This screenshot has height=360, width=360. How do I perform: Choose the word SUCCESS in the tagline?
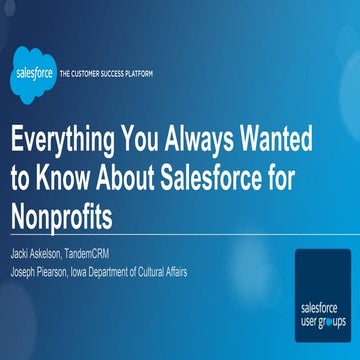124,74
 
